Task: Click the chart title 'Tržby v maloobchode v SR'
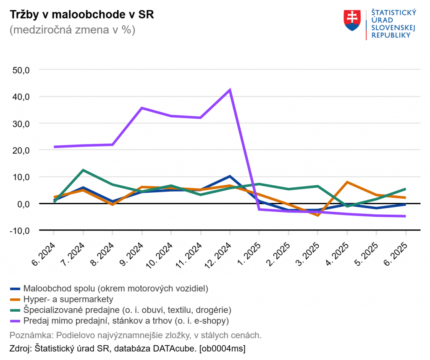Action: [x=82, y=14]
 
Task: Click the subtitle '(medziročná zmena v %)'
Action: [x=72, y=30]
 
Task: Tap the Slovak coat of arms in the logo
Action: [x=352, y=20]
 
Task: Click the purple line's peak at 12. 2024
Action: [x=230, y=90]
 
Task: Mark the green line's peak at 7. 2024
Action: [x=83, y=170]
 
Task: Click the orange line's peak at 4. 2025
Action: [x=347, y=182]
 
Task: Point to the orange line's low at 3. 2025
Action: [x=318, y=215]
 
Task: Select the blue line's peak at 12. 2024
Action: [x=230, y=176]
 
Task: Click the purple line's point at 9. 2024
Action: [x=142, y=108]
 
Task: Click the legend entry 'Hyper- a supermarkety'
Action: [x=68, y=299]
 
